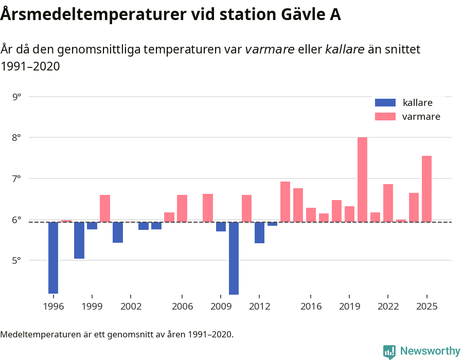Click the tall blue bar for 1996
[x=54, y=257]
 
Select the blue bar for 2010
[x=234, y=258]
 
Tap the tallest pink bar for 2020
[x=363, y=179]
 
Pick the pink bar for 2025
[x=427, y=189]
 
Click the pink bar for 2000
[x=105, y=208]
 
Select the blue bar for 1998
[x=79, y=240]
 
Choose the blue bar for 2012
[x=259, y=232]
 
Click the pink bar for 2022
[x=388, y=203]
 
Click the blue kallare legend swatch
[x=385, y=103]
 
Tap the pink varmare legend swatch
[x=385, y=117]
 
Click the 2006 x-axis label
[x=182, y=307]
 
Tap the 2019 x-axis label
[x=349, y=307]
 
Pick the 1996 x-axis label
[x=54, y=307]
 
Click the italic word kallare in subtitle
[x=345, y=50]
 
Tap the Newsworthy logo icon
[x=389, y=351]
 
